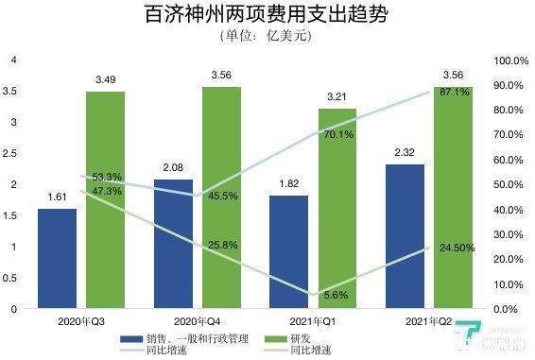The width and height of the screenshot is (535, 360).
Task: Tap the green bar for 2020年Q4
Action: [x=220, y=197]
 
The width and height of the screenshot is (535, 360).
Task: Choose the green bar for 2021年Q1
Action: [x=337, y=208]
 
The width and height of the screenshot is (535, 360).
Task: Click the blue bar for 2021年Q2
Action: [x=405, y=236]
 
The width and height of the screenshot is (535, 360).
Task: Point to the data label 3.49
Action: [x=105, y=79]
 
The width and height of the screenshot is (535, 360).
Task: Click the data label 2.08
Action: [x=173, y=167]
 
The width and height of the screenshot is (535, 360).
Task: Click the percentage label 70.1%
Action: [x=337, y=135]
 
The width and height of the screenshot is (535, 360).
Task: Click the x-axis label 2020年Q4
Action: [x=197, y=322]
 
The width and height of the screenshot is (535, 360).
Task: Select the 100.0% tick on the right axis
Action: [x=511, y=60]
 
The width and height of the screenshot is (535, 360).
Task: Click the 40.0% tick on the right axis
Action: [x=511, y=210]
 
